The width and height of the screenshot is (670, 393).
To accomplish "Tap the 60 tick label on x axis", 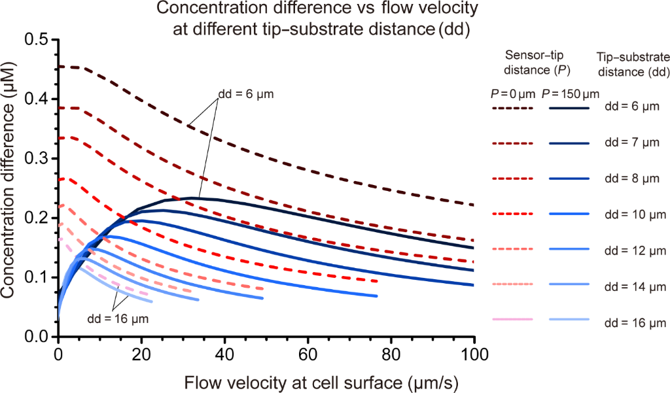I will [308, 354].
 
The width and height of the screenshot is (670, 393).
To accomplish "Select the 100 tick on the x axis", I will [474, 354].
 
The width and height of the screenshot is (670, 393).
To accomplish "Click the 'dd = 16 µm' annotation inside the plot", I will [117, 318].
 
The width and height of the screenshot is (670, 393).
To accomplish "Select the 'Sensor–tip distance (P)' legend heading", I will [531, 62].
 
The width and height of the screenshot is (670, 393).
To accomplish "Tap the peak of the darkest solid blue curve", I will [194, 197].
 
